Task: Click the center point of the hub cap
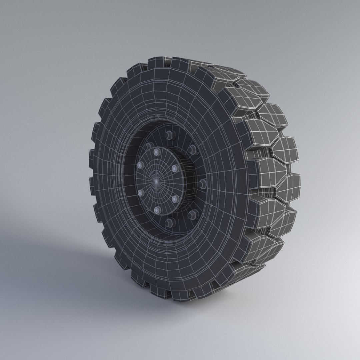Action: point(156,180)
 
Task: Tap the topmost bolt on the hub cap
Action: point(156,152)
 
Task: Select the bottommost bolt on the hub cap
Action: point(157,210)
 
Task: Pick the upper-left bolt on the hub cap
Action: point(140,165)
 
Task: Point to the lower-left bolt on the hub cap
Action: point(140,193)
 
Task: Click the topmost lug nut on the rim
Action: point(170,135)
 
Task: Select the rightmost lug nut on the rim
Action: point(202,183)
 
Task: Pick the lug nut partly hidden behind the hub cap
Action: point(147,146)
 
